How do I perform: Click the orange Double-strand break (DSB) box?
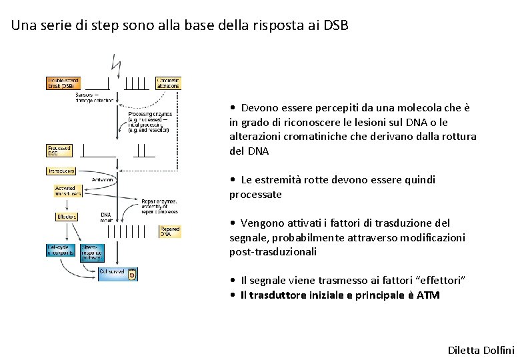coord(63,83)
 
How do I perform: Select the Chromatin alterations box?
coord(167,83)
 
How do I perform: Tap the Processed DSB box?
coord(59,151)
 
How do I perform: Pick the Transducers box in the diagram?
coord(61,171)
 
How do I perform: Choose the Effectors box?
coord(67,217)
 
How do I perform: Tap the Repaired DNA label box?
coord(169,231)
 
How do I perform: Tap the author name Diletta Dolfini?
coord(481,350)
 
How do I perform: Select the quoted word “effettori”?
coord(442,281)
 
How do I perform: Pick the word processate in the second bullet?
coord(255,195)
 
